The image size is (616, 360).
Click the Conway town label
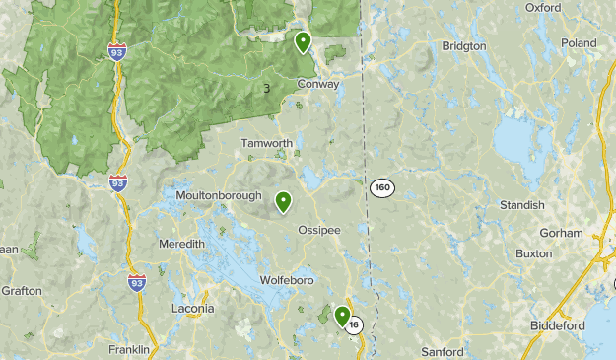[x=318, y=84]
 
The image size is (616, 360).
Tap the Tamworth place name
[x=267, y=143]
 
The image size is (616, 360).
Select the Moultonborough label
[x=219, y=195]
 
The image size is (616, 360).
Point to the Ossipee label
[x=318, y=230]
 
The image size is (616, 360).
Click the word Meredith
[x=181, y=244]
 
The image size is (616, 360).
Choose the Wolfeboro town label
[x=286, y=281]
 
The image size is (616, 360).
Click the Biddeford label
[x=550, y=324]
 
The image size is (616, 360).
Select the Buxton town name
[x=533, y=253]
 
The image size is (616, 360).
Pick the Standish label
[x=522, y=205]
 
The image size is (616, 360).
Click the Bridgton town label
[x=464, y=46]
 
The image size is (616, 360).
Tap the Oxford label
[x=542, y=7]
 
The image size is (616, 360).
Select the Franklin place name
[x=129, y=349]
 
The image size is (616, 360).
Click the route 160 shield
[x=382, y=186]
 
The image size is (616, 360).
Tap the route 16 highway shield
[x=355, y=324]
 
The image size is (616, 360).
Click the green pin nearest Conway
[x=303, y=41]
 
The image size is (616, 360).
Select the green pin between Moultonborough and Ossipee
[x=283, y=201]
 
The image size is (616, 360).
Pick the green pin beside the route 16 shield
[x=342, y=316]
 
